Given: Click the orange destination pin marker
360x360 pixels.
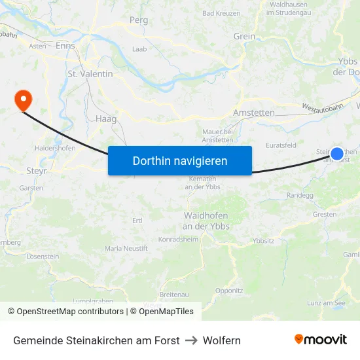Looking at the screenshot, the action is [24, 100].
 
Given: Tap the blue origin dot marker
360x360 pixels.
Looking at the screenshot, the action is [337, 154].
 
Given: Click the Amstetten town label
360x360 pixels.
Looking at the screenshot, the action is [254, 113].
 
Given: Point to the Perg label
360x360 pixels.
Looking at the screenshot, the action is [139, 20].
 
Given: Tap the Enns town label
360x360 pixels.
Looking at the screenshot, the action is [65, 46].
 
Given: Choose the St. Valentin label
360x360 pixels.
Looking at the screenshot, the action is [90, 74].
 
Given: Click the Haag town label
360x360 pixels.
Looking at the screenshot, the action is [106, 119].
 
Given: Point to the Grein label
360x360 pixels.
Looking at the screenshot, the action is [244, 37].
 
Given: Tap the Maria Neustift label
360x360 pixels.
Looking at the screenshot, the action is [126, 249].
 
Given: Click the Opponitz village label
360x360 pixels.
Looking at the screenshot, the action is [229, 290].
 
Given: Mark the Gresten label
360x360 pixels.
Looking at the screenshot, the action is [325, 214].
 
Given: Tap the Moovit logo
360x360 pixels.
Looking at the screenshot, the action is [320, 340].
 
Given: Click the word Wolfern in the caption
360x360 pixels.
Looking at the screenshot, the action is [222, 340].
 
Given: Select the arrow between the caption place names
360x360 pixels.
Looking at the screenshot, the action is [191, 340].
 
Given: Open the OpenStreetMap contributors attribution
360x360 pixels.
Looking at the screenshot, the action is [70, 312].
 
